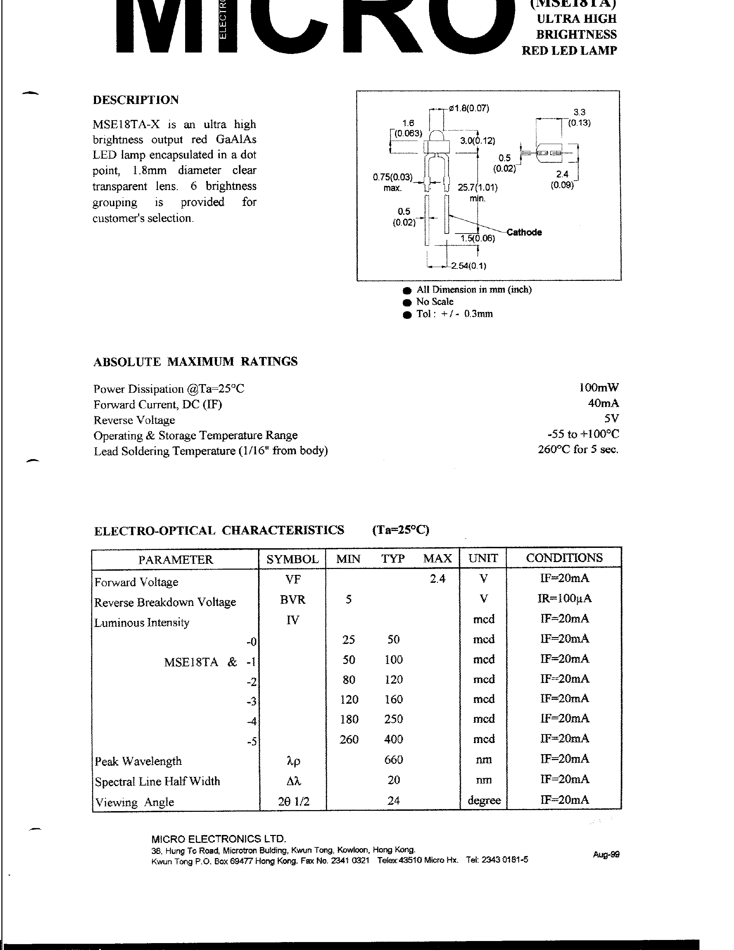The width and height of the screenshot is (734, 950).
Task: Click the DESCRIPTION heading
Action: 136,100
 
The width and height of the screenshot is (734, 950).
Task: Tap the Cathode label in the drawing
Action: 524,232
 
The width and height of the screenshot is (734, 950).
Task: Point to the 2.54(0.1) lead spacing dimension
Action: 468,266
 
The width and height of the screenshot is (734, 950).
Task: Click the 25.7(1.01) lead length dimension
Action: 477,188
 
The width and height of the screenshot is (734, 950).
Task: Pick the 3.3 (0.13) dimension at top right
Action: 579,117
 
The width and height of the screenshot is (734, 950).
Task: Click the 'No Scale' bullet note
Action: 435,302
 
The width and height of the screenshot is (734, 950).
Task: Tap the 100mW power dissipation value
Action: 598,388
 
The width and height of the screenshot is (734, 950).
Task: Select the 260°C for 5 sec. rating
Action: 578,449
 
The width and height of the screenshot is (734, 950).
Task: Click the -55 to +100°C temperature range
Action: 583,434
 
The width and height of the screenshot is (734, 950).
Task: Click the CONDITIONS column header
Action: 564,558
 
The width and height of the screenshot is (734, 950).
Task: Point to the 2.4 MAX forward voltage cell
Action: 437,579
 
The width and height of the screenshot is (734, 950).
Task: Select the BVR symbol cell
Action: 293,599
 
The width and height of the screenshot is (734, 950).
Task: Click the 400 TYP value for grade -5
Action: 393,739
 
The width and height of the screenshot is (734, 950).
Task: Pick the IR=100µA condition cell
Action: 564,599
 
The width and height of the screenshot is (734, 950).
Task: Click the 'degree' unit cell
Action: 484,800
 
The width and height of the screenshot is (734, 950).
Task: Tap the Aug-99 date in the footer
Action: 606,854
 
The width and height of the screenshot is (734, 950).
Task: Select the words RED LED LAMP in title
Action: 569,51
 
